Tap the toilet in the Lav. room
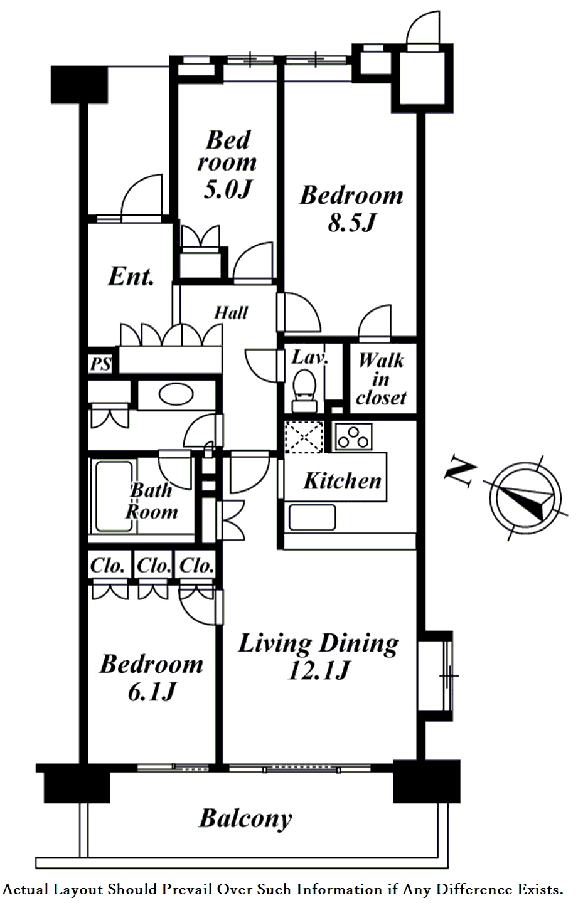(x=304, y=391)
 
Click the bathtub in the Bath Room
(x=114, y=496)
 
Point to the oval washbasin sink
(x=176, y=394)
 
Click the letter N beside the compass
(x=460, y=472)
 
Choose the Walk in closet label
(x=381, y=379)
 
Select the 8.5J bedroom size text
(x=352, y=222)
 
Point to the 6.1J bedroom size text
(x=152, y=691)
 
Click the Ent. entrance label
(x=131, y=277)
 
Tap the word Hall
(x=231, y=313)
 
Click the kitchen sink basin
(x=312, y=517)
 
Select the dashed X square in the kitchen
(x=304, y=436)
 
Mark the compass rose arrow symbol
(x=525, y=498)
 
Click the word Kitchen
(x=342, y=480)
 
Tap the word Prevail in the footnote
(x=188, y=889)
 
